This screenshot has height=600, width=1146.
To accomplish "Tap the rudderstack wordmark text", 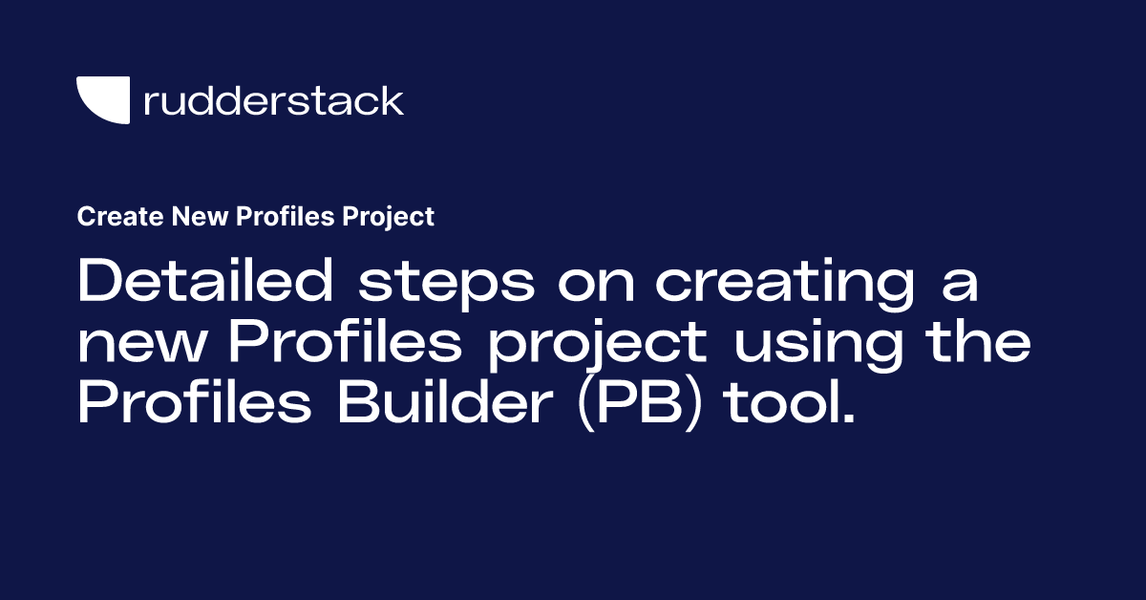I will (273, 100).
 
